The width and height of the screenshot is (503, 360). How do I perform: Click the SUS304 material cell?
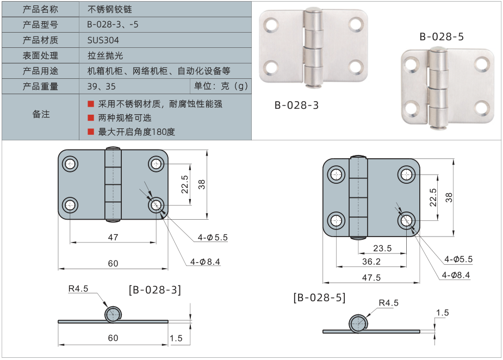click(x=103, y=40)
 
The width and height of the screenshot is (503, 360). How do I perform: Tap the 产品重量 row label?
click(x=40, y=86)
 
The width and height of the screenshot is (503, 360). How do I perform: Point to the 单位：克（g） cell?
click(x=221, y=86)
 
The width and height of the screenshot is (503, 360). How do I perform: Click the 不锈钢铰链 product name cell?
click(x=109, y=9)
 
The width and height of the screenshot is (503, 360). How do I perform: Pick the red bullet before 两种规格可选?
click(x=91, y=117)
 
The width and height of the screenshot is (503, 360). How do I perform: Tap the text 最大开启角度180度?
click(x=136, y=132)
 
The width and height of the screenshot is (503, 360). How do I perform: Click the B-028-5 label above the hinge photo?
click(x=441, y=37)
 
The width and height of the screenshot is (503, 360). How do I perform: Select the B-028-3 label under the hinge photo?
click(x=296, y=105)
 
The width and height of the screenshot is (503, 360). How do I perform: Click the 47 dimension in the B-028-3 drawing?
click(x=113, y=237)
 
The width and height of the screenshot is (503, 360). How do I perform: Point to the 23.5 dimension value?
click(x=382, y=248)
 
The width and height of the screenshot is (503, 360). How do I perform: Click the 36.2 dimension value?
click(x=371, y=262)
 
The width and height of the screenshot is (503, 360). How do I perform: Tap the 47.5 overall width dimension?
click(x=371, y=277)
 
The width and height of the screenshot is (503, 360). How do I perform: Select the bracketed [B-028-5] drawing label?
click(x=319, y=297)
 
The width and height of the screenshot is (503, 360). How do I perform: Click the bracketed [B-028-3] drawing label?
click(x=155, y=289)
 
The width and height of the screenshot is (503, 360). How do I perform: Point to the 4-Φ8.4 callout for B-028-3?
click(x=205, y=262)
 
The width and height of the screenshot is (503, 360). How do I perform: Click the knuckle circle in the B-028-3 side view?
click(x=113, y=314)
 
